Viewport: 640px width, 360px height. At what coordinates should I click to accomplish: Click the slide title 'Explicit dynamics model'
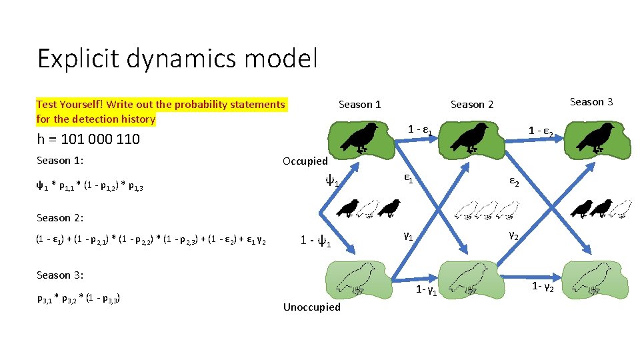(x=177, y=59)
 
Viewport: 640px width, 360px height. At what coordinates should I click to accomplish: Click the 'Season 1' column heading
(x=359, y=104)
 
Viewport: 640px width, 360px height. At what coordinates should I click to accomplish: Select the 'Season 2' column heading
(x=472, y=104)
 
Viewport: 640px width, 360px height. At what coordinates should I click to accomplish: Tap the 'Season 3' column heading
(x=591, y=101)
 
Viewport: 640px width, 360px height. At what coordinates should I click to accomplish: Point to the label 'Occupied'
(x=305, y=161)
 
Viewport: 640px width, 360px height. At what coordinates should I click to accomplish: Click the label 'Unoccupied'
(x=311, y=307)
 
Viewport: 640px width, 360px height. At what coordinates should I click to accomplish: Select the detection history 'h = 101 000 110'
(x=88, y=139)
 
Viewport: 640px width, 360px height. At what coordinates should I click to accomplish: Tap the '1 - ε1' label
(x=421, y=130)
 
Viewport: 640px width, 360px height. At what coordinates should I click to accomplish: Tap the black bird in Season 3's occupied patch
(x=595, y=137)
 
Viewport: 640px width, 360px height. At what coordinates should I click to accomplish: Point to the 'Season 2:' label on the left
(x=59, y=217)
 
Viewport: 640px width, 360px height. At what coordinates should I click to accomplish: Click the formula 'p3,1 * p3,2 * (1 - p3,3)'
(x=79, y=298)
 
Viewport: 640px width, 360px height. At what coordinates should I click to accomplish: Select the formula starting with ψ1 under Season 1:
(x=90, y=187)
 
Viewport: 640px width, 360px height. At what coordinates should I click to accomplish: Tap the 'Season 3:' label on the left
(x=59, y=275)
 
